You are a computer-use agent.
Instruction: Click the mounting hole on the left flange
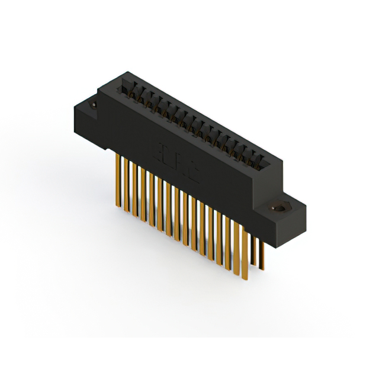coord(93,106)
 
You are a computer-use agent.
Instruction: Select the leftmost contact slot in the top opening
coord(126,89)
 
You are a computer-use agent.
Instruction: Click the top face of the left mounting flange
coord(89,104)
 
